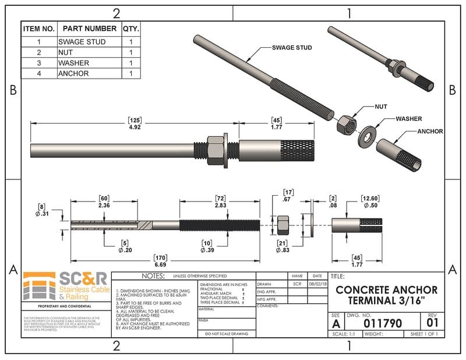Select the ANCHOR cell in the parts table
point(73,73)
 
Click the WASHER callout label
point(408,119)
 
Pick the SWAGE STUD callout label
point(292,47)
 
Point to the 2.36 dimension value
point(104,205)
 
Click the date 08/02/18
point(317,284)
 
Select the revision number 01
point(431,322)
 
